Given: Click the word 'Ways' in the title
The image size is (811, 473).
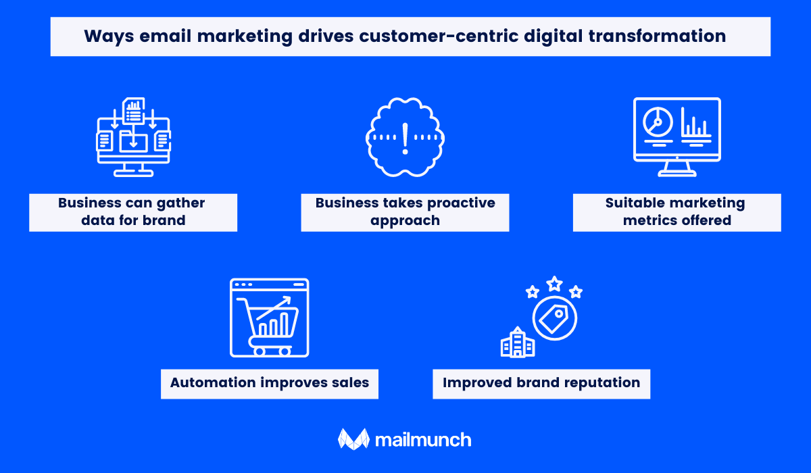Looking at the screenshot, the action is click(x=109, y=36).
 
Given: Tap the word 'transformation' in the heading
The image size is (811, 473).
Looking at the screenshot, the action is click(x=657, y=36).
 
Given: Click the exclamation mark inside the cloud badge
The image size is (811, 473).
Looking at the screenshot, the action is click(x=405, y=139).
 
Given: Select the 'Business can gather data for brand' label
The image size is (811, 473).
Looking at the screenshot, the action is click(x=133, y=212).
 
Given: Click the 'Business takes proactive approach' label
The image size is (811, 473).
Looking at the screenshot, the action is click(x=405, y=212).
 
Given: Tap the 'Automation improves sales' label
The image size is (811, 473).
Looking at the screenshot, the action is click(x=270, y=384).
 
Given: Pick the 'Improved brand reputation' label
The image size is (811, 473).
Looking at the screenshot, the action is click(x=541, y=384).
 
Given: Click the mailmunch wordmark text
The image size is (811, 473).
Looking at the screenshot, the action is click(x=423, y=440).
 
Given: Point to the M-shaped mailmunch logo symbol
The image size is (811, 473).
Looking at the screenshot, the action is click(x=353, y=439).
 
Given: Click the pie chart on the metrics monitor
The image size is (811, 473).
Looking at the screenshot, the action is click(x=658, y=122).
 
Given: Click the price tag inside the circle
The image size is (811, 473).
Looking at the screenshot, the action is click(x=554, y=318).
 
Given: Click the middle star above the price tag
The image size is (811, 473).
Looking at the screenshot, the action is click(x=554, y=284).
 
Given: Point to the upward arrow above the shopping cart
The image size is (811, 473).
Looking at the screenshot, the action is click(x=274, y=308).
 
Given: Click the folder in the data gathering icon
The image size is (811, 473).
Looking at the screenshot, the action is click(x=133, y=141).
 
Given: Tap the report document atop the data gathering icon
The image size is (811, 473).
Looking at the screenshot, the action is click(x=134, y=110).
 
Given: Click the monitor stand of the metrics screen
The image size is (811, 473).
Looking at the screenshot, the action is click(x=677, y=169).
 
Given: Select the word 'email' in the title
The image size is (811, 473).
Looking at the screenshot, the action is click(x=166, y=36).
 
